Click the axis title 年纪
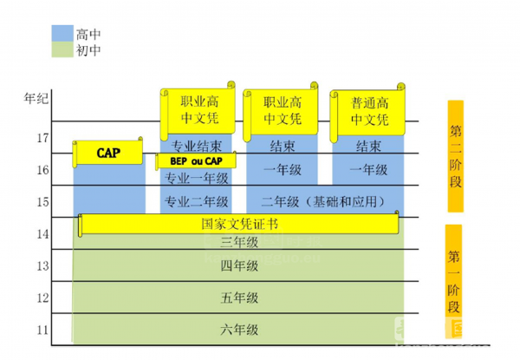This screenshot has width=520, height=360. coord(36,98)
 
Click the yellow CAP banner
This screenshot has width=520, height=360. coord(109,154)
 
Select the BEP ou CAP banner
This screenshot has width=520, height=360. coord(196,161)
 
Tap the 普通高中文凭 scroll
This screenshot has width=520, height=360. coord(370,110)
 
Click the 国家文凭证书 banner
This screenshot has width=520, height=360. coord(238,224)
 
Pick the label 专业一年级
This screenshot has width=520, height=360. coord(196,178)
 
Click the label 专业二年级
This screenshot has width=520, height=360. coord(196,202)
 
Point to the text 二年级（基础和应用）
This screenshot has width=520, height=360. coord(324,202)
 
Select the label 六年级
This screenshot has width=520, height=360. coord(239,331)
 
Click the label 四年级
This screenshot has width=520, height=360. coord(239,265)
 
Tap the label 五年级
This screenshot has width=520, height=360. coord(239,298)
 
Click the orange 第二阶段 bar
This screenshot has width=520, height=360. coord(456,156)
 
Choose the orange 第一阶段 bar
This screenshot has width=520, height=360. coord(453,271)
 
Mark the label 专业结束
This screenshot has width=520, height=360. coord(196,146)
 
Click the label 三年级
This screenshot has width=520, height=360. coord(239,241)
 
